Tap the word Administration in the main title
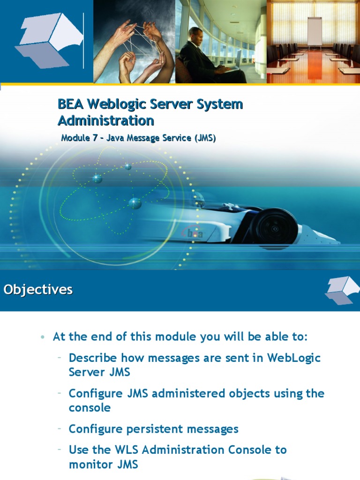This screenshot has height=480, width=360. click(x=105, y=120)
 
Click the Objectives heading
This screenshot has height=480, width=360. click(x=38, y=290)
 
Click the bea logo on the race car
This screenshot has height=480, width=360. click(x=195, y=233)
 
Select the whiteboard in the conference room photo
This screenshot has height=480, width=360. click(x=314, y=31)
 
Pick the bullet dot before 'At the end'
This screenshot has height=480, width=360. click(x=43, y=337)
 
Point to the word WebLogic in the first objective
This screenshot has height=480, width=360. click(x=294, y=358)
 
